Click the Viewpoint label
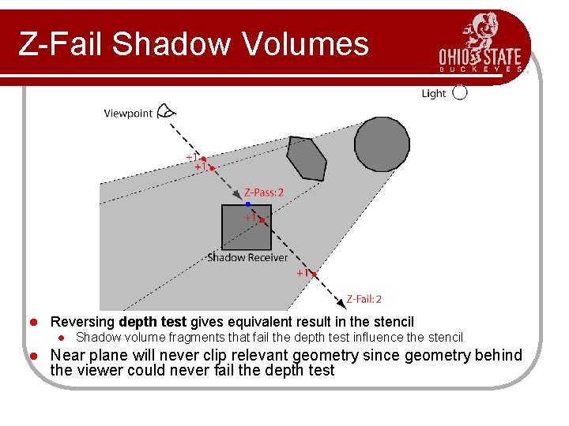(128, 114)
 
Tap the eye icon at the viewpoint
(166, 111)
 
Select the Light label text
(434, 94)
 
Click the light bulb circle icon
(460, 92)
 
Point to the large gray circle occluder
(382, 143)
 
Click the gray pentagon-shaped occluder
(306, 159)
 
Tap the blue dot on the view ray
(247, 204)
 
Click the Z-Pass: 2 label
(264, 192)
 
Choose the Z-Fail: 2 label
(364, 299)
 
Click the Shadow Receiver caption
(247, 257)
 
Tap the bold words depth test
(153, 322)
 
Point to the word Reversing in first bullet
(83, 322)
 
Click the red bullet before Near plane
(33, 356)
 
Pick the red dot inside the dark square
(262, 220)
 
